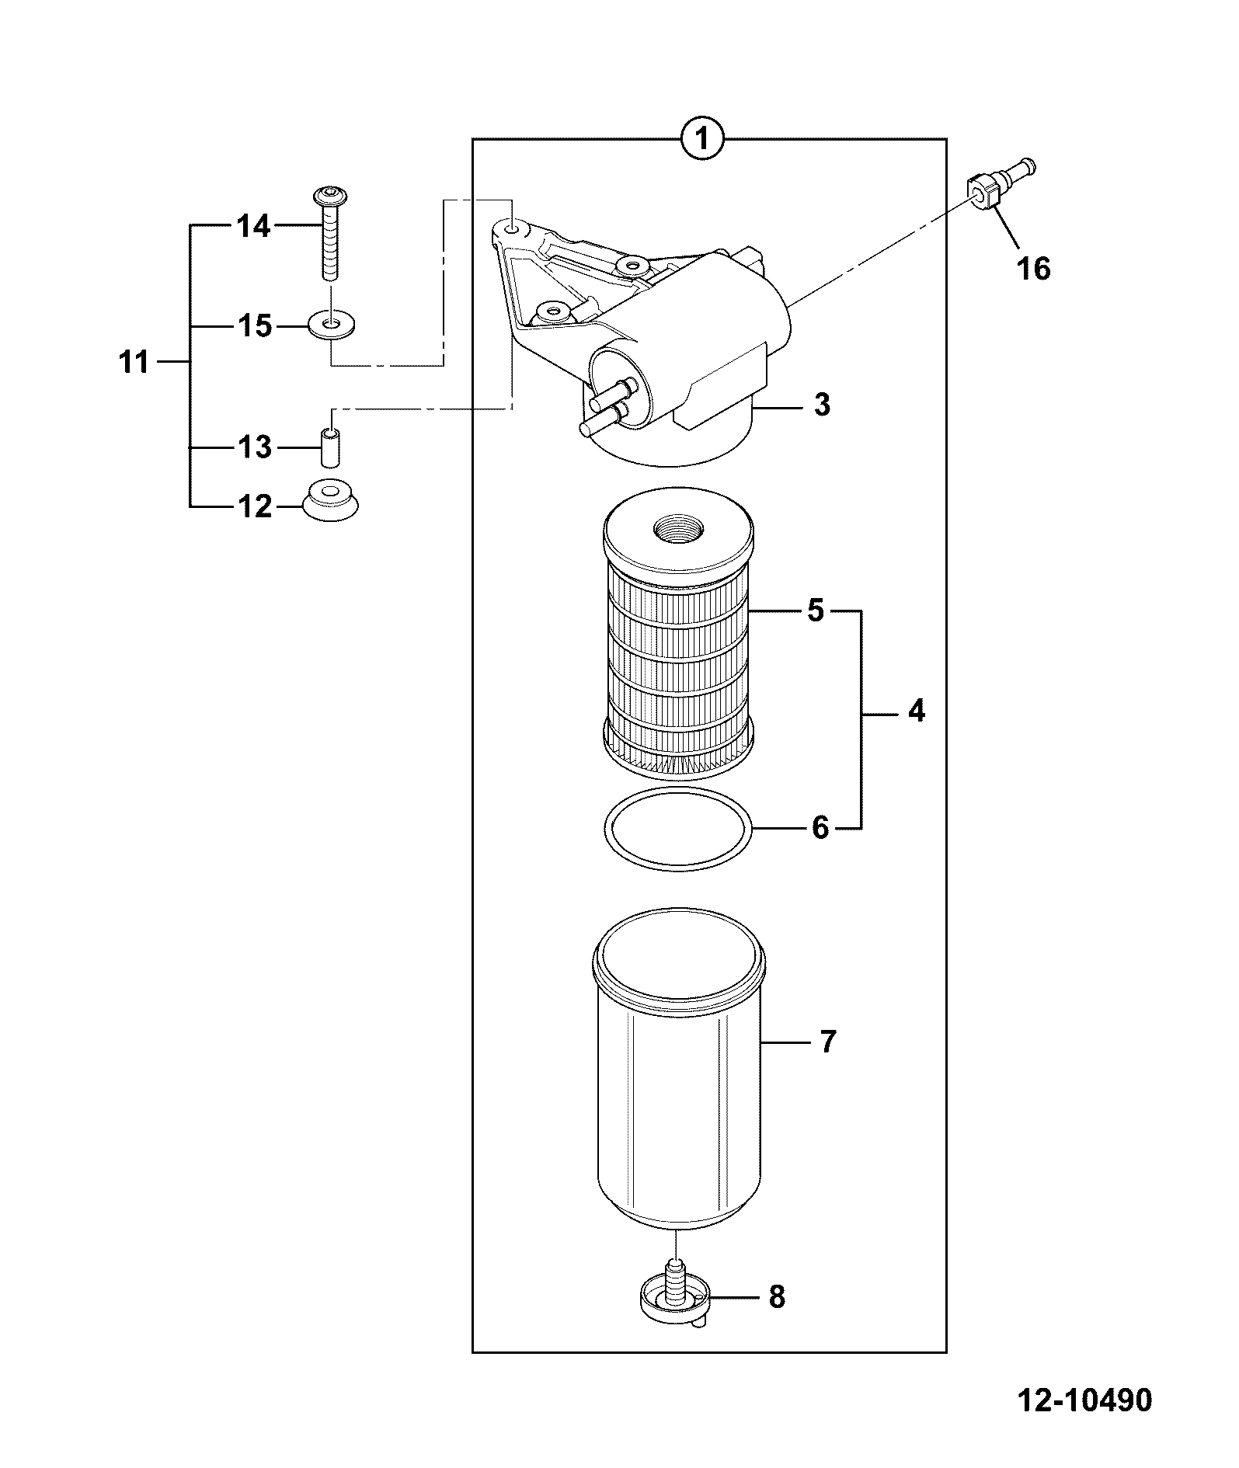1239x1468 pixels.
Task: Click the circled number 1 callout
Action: pyautogui.click(x=702, y=140)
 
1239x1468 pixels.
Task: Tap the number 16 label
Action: pyautogui.click(x=1033, y=269)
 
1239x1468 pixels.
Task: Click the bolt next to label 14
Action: pyautogui.click(x=330, y=233)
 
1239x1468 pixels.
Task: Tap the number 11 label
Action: pyautogui.click(x=134, y=362)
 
